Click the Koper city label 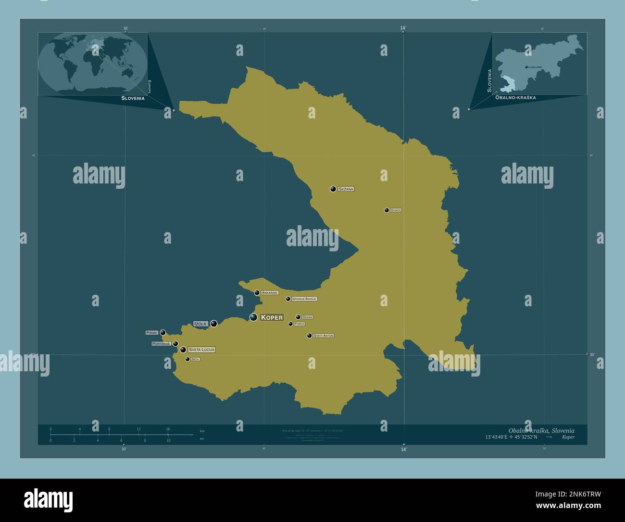pyautogui.click(x=272, y=317)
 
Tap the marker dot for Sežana pyautogui.click(x=333, y=189)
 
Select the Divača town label pyautogui.click(x=396, y=210)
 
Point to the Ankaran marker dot pyautogui.click(x=257, y=292)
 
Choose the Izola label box pyautogui.click(x=200, y=324)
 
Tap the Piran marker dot pyautogui.click(x=163, y=332)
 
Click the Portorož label pyautogui.click(x=161, y=344)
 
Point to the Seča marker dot pyautogui.click(x=187, y=359)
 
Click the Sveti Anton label pyautogui.click(x=323, y=336)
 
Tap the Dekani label pyautogui.click(x=307, y=317)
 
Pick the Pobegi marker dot pyautogui.click(x=290, y=324)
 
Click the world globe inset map pyautogui.click(x=93, y=64)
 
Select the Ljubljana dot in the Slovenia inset pyautogui.click(x=526, y=67)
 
